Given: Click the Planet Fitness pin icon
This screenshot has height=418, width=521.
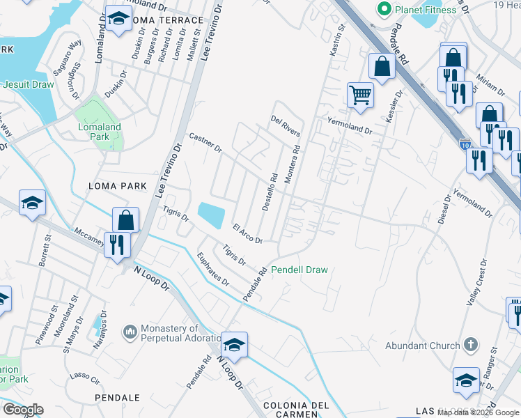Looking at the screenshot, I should click(x=382, y=9).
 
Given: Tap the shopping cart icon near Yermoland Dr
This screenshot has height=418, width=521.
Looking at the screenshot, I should click(x=359, y=94).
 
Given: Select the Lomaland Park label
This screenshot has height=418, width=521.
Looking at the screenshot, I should click(x=98, y=132).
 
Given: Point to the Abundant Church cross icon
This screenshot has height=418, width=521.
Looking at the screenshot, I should click(x=471, y=345).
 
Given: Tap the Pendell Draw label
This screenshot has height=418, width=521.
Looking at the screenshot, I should click(x=299, y=270).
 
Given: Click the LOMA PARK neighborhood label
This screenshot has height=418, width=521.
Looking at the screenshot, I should click(x=118, y=186).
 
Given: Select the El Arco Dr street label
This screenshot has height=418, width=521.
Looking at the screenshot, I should click(x=247, y=234).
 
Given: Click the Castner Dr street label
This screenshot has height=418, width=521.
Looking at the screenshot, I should click(x=205, y=144).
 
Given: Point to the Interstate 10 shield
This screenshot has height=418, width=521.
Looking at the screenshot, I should click(x=465, y=144).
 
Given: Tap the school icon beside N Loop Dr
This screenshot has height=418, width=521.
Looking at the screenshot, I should click(x=235, y=345).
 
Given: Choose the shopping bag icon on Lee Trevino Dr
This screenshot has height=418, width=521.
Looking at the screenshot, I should click(x=126, y=220).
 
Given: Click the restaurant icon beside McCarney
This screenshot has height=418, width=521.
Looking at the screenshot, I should click(x=116, y=244).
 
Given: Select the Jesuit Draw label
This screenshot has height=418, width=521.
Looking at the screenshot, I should click(x=29, y=84).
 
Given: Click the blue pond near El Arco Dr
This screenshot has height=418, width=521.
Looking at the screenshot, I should click(x=212, y=214).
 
